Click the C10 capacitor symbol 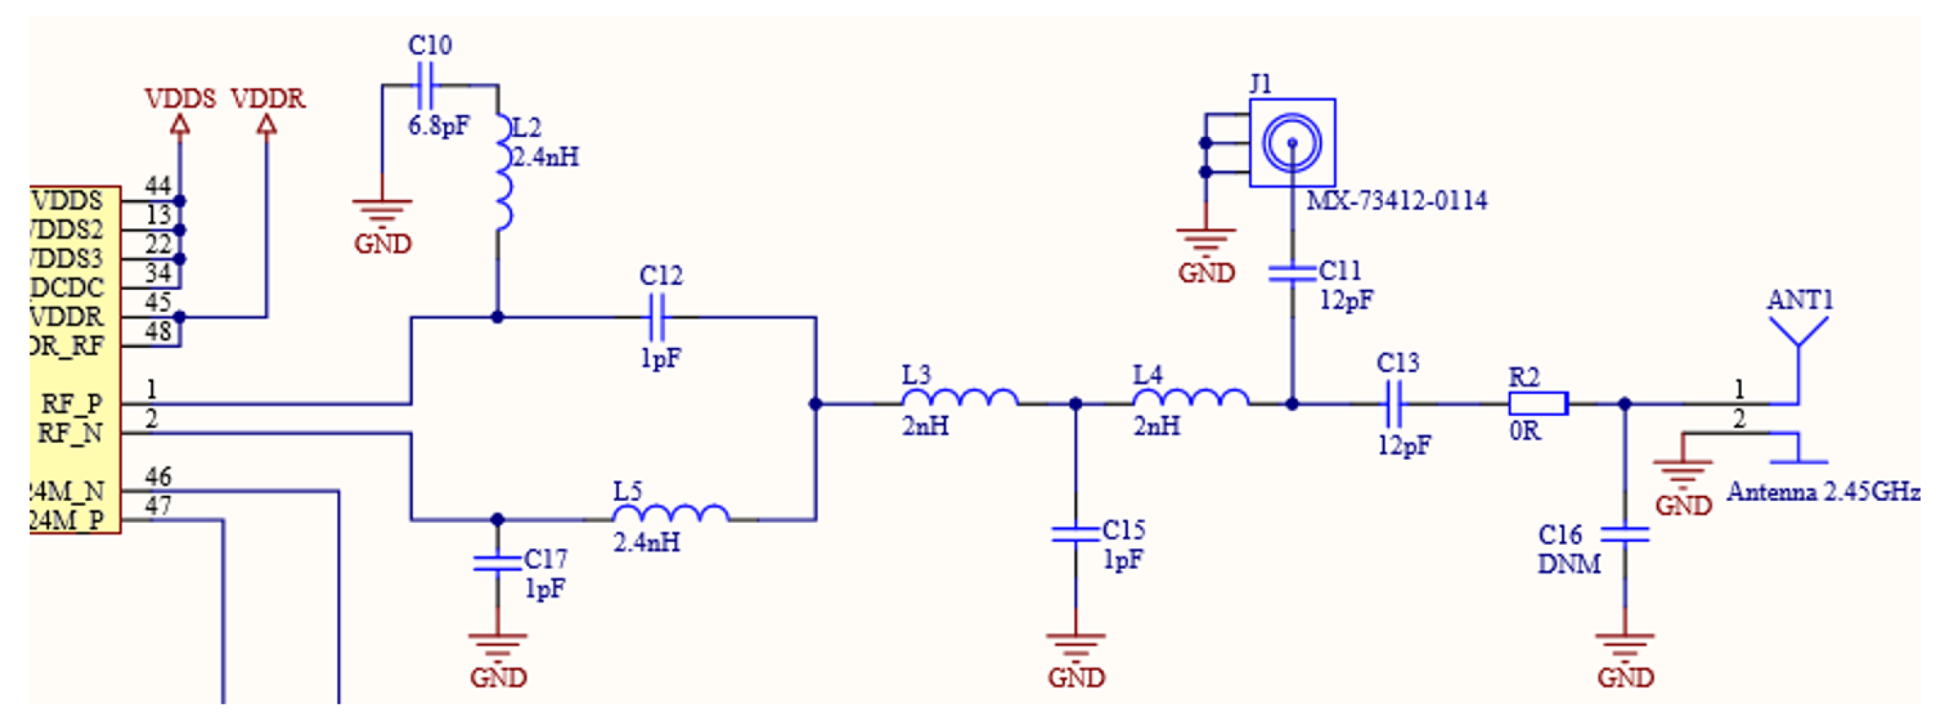[426, 85]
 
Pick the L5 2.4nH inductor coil [670, 514]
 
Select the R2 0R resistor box [1538, 404]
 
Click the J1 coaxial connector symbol [1292, 143]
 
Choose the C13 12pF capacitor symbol [1395, 404]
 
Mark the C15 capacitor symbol [1075, 534]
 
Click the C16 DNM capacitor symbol [1624, 534]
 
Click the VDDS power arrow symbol [179, 125]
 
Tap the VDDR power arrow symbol [267, 125]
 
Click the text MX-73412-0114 [1396, 201]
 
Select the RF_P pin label [71, 404]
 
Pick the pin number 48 [157, 331]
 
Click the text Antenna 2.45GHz [1823, 492]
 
